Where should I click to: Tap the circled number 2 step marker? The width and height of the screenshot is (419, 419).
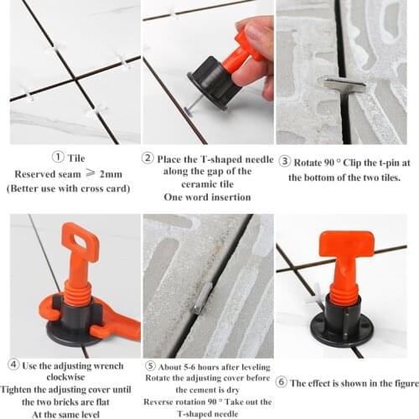click(148, 157)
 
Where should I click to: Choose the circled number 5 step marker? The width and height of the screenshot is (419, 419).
click(149, 365)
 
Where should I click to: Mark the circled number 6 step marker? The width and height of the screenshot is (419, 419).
click(282, 382)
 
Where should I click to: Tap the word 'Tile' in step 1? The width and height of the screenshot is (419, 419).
click(76, 157)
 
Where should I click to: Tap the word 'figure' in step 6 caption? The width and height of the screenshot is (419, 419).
click(401, 382)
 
